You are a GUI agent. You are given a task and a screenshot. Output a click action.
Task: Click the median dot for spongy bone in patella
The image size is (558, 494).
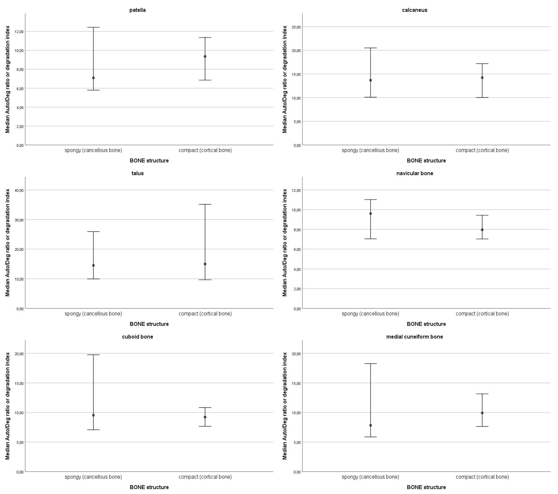click(93, 78)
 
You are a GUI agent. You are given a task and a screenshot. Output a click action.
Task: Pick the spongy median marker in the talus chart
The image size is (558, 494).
click(93, 265)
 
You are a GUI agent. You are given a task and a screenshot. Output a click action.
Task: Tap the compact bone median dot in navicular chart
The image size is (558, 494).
click(482, 230)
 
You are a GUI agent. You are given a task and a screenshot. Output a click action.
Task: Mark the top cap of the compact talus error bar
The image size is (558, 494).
click(205, 204)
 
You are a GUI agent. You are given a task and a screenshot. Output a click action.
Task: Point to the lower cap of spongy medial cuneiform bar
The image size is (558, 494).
click(370, 437)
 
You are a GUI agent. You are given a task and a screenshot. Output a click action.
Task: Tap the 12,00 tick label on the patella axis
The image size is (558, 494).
click(19, 32)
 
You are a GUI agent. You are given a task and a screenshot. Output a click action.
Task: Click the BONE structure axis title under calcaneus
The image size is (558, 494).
click(426, 161)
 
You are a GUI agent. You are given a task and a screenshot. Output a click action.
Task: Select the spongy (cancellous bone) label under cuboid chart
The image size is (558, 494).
click(93, 477)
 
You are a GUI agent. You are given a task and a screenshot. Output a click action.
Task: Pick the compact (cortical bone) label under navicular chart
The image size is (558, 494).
click(482, 314)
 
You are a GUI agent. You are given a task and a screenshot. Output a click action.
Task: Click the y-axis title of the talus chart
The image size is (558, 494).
click(8, 243)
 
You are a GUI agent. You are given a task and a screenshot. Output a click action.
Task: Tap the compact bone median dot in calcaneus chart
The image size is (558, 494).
click(482, 78)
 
